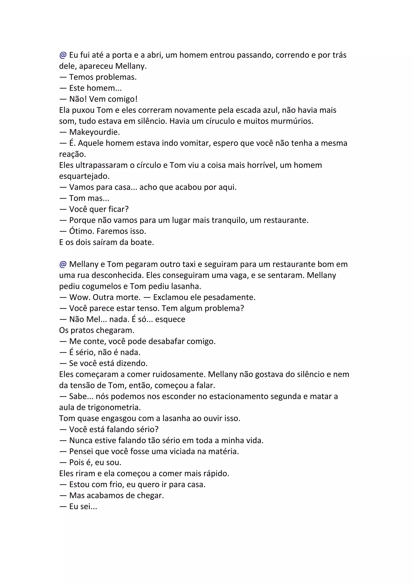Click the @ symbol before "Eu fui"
[63, 55]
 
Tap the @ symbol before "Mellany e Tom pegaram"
[63, 264]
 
